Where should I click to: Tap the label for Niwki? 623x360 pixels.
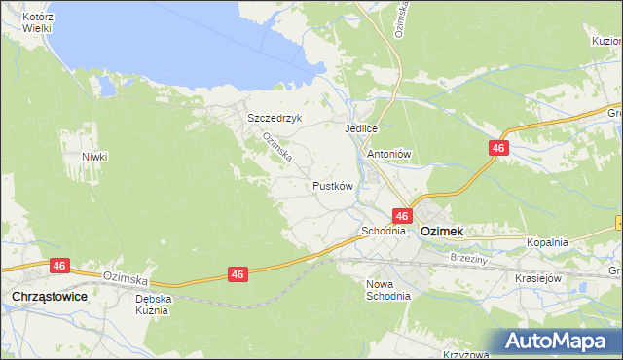(x=94, y=157)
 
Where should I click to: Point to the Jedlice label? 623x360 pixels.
(x=360, y=127)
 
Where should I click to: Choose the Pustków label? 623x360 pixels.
(x=332, y=185)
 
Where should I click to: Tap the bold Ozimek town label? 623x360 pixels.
(x=441, y=233)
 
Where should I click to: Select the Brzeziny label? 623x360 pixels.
(x=469, y=260)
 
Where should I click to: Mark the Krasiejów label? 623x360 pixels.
(x=539, y=277)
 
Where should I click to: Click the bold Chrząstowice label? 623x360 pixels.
(x=50, y=294)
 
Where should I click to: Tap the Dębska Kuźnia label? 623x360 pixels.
(x=154, y=306)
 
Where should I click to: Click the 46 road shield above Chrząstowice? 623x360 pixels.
(x=59, y=265)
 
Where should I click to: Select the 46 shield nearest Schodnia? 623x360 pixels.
(x=402, y=215)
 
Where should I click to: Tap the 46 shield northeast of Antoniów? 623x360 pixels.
(x=498, y=147)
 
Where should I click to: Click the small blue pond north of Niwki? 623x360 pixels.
(x=105, y=87)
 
